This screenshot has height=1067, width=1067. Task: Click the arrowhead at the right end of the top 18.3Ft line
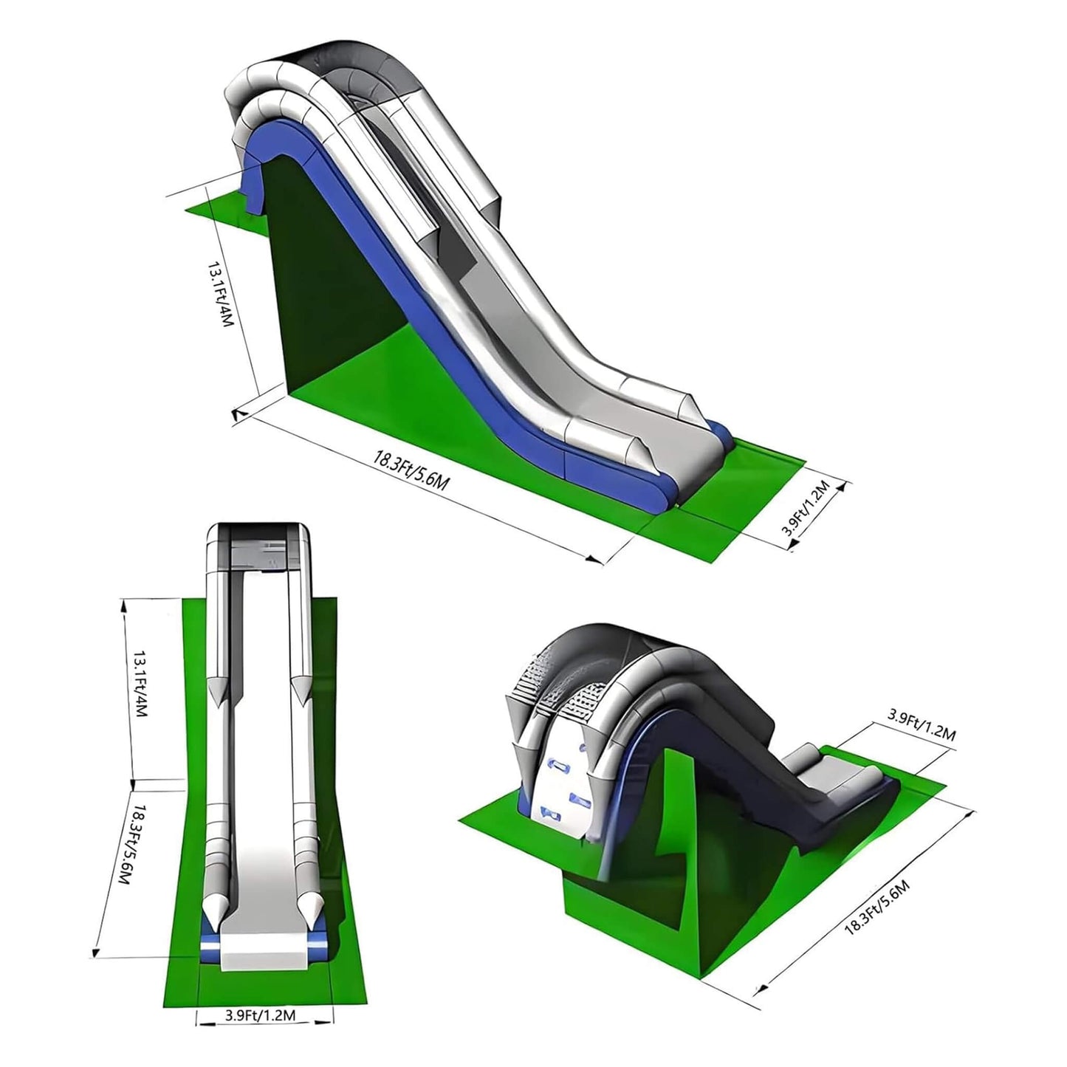tap(595, 559)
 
